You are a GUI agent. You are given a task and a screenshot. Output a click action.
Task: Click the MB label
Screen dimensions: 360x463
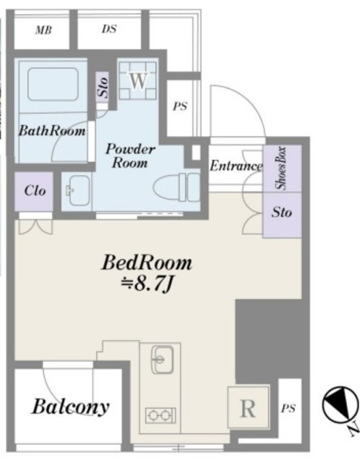(x=43, y=30)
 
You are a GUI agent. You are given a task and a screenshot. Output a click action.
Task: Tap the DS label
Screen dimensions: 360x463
(x=109, y=29)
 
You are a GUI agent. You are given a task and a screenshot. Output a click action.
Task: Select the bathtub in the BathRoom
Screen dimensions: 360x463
(x=53, y=84)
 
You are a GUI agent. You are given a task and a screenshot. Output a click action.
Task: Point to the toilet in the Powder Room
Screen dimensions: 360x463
(x=177, y=187)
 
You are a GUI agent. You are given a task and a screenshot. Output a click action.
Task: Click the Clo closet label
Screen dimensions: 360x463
(x=35, y=191)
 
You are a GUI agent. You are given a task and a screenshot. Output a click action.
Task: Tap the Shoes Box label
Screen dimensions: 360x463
(x=280, y=168)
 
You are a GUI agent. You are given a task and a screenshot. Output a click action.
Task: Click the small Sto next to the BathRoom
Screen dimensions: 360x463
(x=103, y=88)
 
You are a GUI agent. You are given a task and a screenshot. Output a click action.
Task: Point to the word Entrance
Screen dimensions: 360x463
(x=236, y=166)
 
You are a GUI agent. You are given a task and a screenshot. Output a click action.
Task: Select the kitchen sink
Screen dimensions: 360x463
(x=162, y=359)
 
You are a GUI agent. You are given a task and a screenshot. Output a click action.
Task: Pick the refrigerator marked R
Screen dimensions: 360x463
(x=248, y=407)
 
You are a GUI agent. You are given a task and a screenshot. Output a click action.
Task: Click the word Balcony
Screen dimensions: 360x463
(x=71, y=407)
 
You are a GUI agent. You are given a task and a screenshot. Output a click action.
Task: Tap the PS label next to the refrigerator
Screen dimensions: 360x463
(x=288, y=408)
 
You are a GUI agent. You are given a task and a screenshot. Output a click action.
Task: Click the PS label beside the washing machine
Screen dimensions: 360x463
(x=180, y=106)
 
